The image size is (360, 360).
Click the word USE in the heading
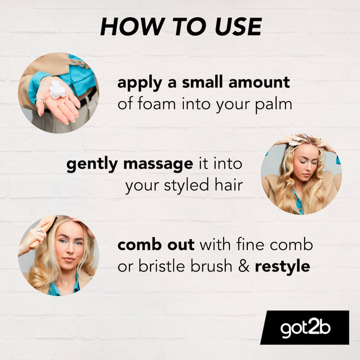pyautogui.click(x=238, y=26)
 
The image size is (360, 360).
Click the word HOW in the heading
pyautogui.click(x=133, y=26)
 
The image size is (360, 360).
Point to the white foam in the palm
pyautogui.click(x=57, y=90)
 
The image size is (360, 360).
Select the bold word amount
pyautogui.click(x=259, y=82)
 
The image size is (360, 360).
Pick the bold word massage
pyautogui.click(x=158, y=164)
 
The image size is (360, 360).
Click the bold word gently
pyautogui.click(x=92, y=164)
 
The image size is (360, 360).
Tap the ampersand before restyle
pyautogui.click(x=244, y=266)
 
